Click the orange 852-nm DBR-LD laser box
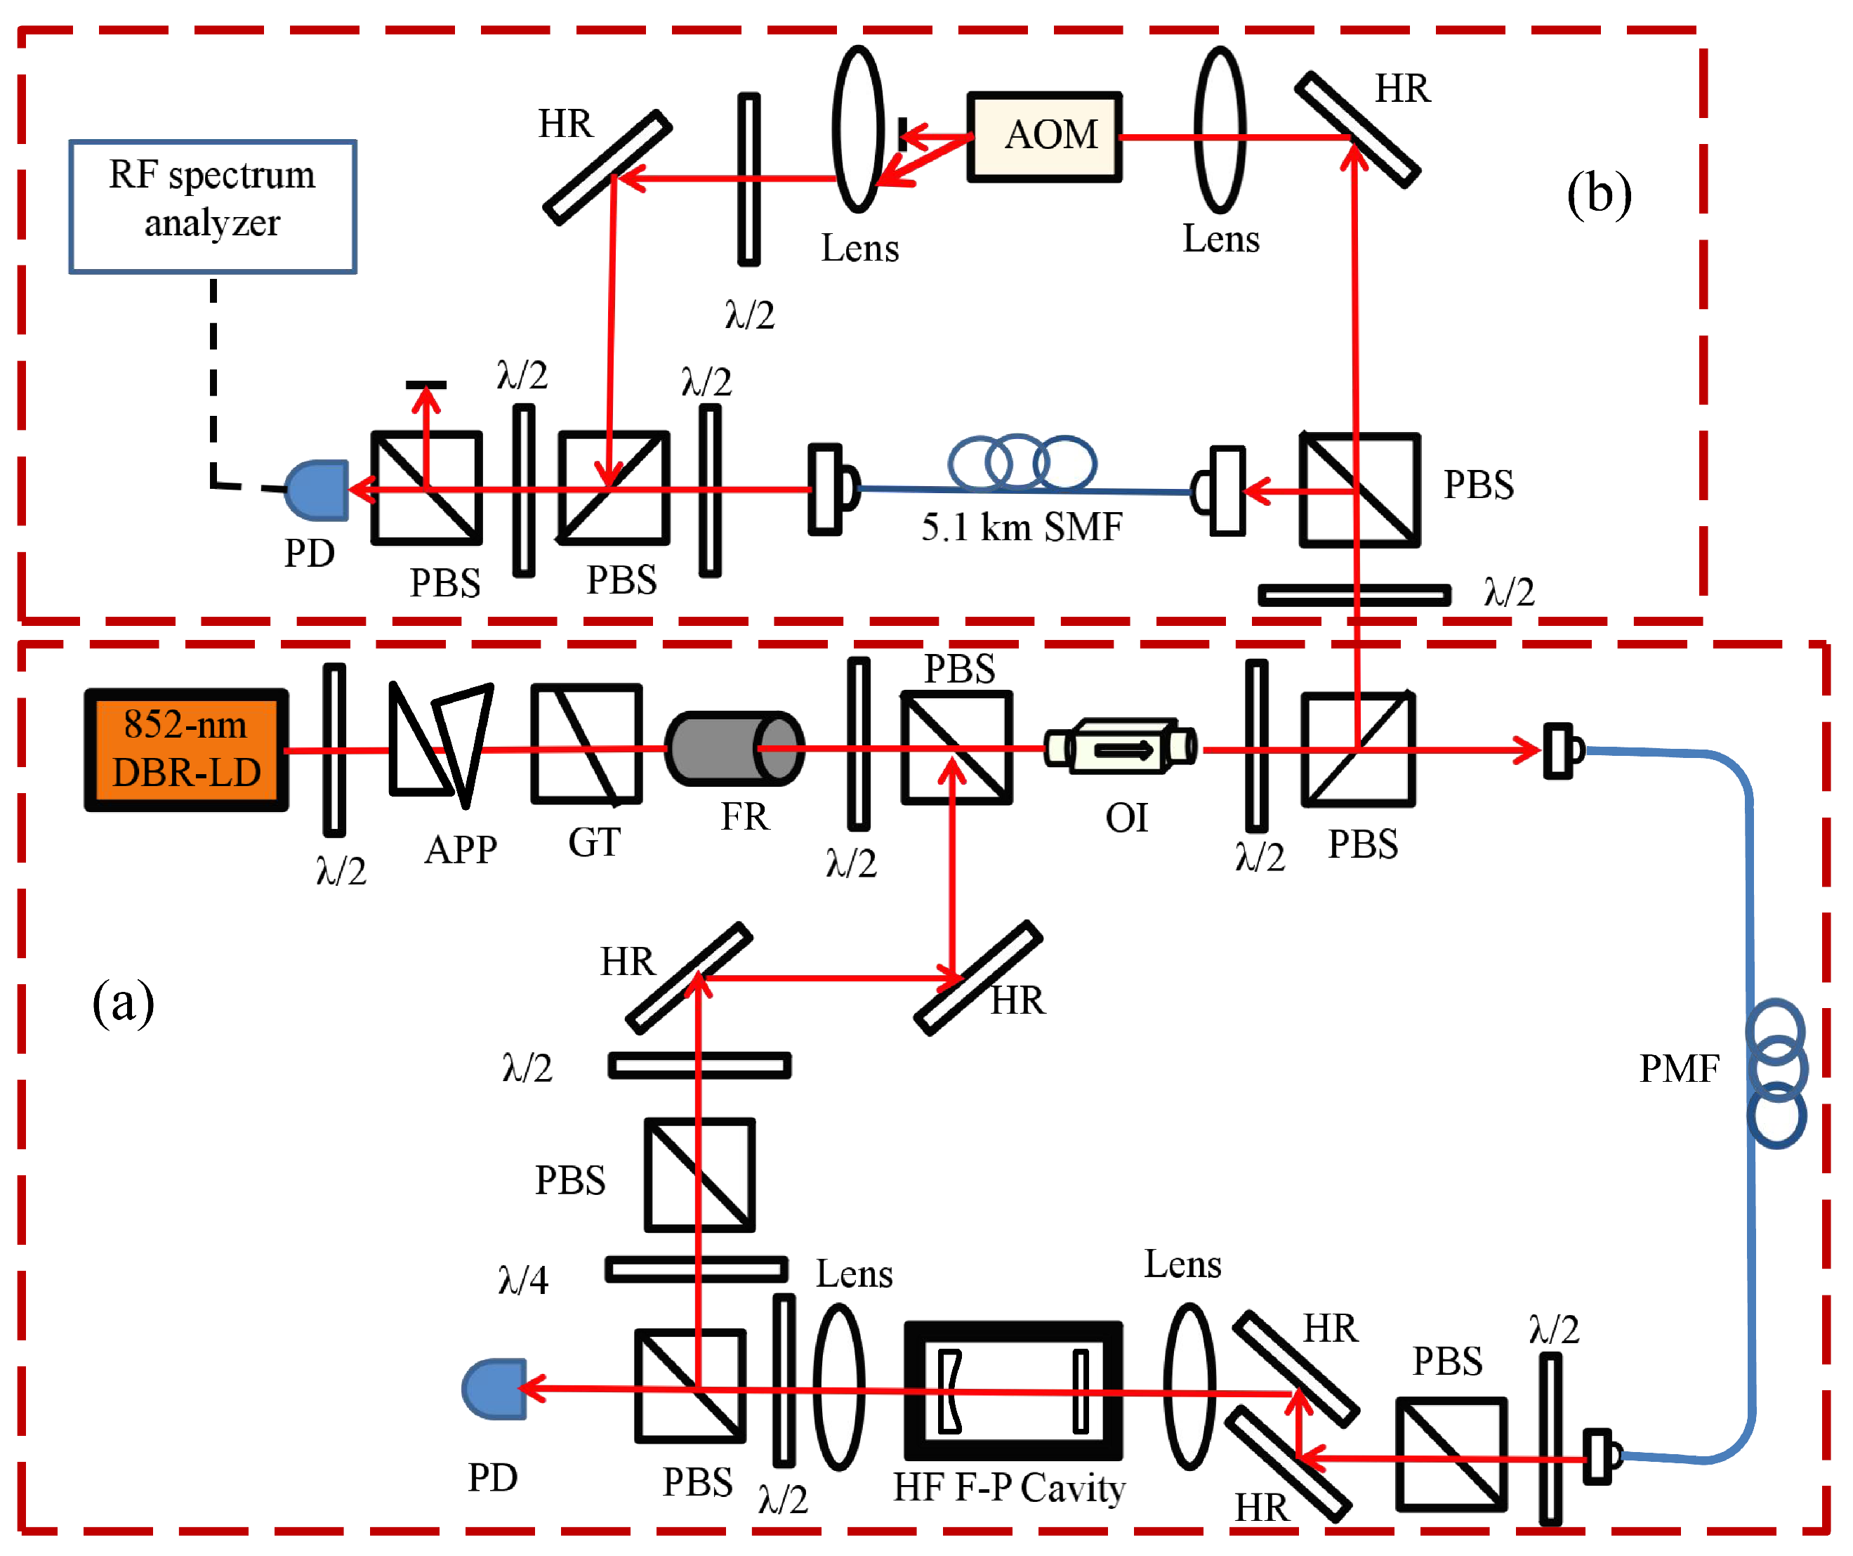click(186, 750)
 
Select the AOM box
click(1045, 137)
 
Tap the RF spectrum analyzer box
click(213, 207)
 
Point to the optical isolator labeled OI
click(1121, 747)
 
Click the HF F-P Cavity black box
click(1013, 1391)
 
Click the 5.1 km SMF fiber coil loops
click(1022, 462)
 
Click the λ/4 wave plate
click(697, 1269)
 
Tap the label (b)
click(1599, 194)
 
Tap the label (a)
click(124, 1002)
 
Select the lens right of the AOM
click(1220, 130)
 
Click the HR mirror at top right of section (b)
click(1357, 130)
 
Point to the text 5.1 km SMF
click(1022, 528)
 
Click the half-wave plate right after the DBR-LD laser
click(334, 750)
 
